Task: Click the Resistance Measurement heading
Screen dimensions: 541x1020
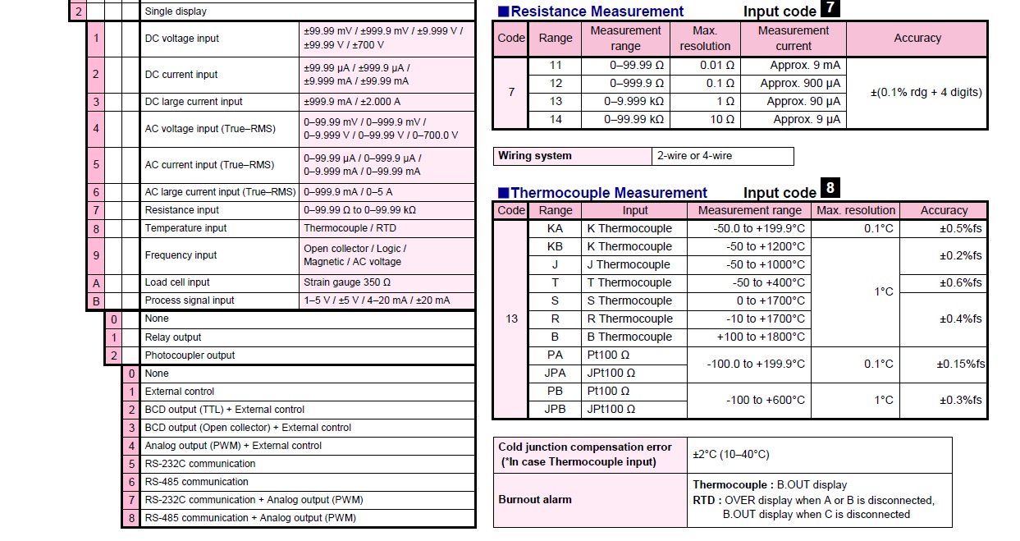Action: [597, 11]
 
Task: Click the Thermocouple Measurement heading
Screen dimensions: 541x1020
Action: [608, 193]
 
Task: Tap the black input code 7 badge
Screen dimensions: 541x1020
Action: [830, 8]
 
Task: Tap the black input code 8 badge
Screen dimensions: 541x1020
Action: [830, 188]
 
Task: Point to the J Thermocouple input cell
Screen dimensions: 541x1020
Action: [629, 264]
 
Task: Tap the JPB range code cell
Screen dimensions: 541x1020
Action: [555, 409]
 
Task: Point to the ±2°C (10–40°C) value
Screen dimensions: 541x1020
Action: [731, 454]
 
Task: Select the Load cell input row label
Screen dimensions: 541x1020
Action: [177, 282]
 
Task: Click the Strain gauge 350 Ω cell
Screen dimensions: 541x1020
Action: [347, 282]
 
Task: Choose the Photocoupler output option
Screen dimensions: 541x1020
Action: [190, 355]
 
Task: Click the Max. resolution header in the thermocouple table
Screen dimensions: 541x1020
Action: [856, 210]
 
